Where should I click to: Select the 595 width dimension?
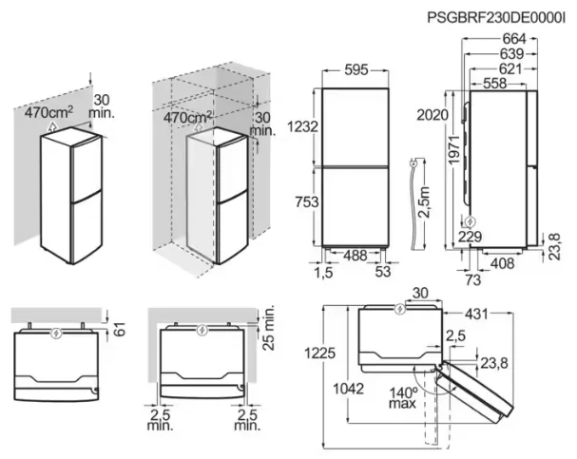356,70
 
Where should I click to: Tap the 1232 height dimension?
303,126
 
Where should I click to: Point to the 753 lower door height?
303,201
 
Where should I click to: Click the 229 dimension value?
469,238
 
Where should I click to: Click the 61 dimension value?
119,328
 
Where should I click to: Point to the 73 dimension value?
471,280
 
